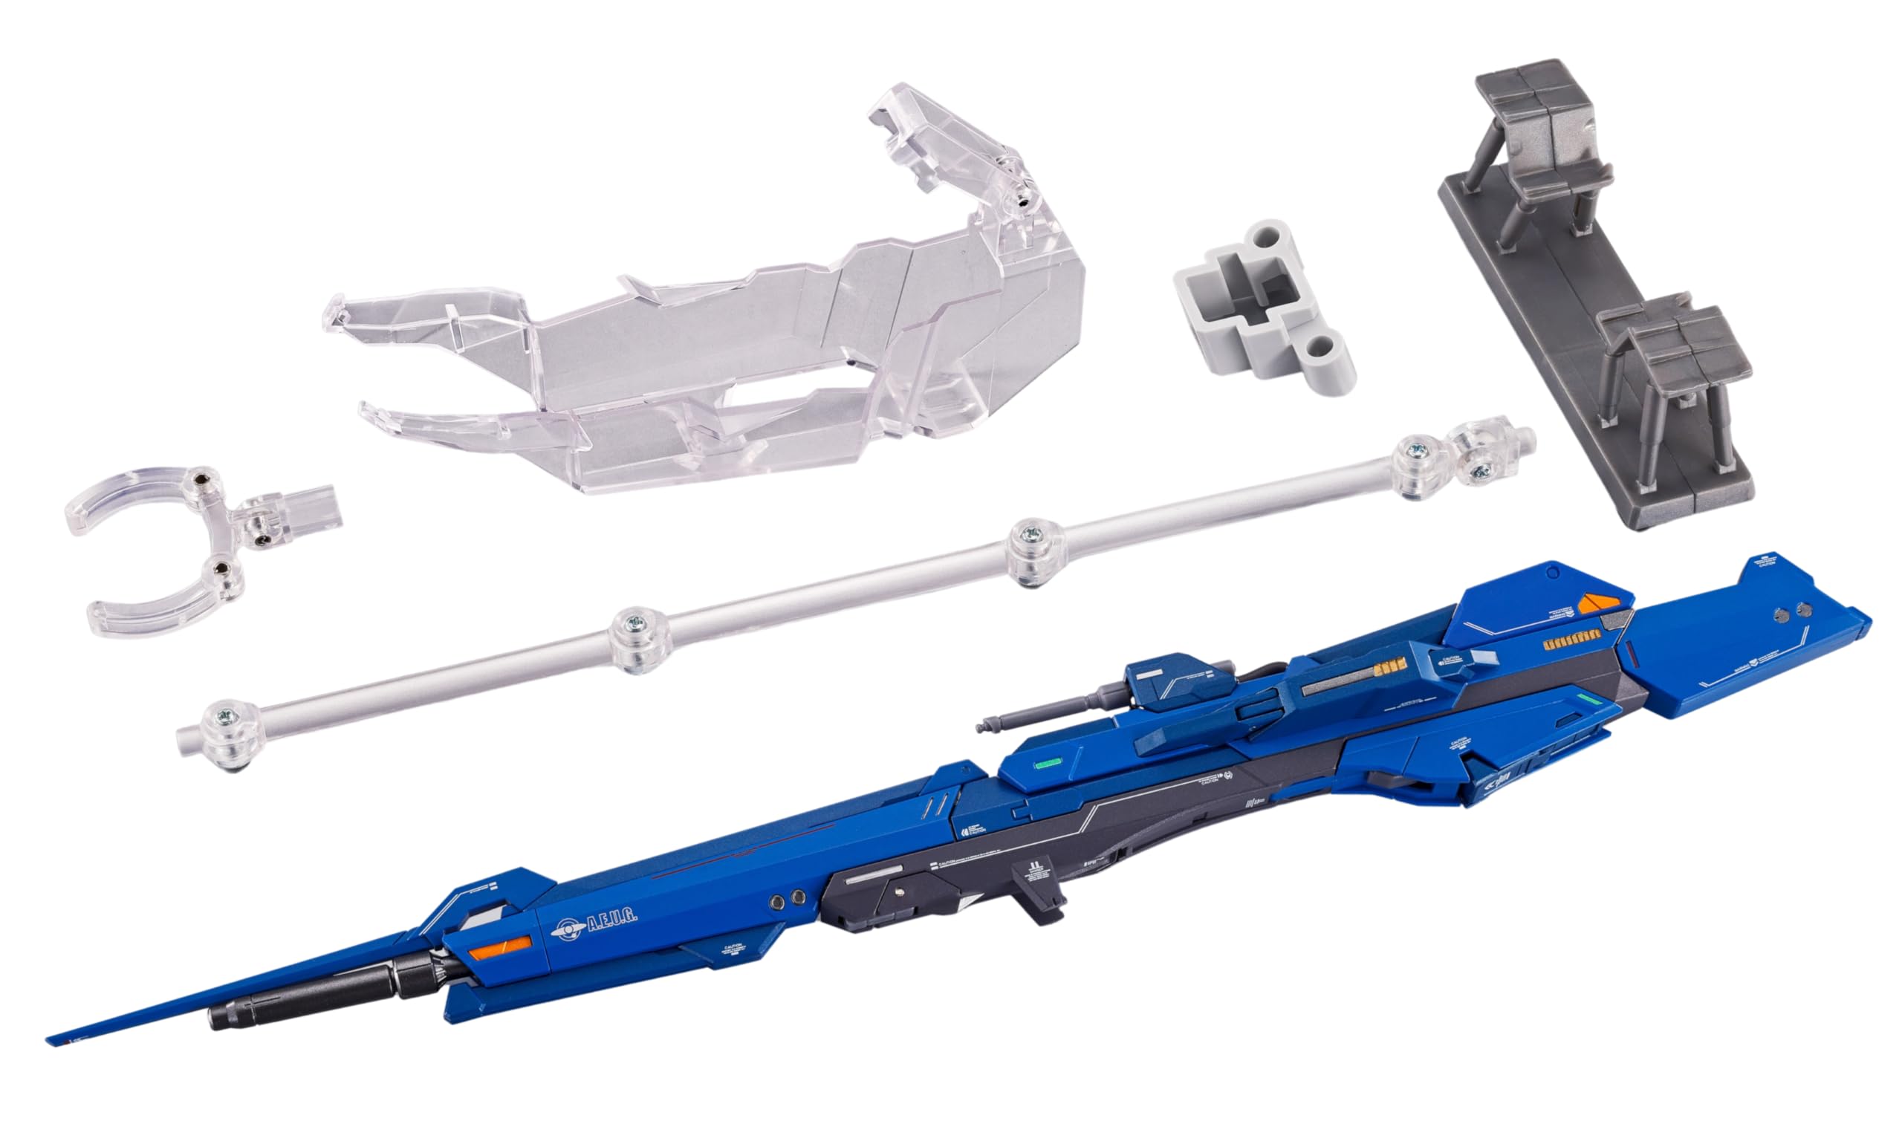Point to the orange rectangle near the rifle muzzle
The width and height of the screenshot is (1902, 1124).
499,946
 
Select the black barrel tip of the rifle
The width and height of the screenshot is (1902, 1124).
227,1016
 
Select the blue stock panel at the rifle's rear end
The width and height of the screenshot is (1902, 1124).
1742,644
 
